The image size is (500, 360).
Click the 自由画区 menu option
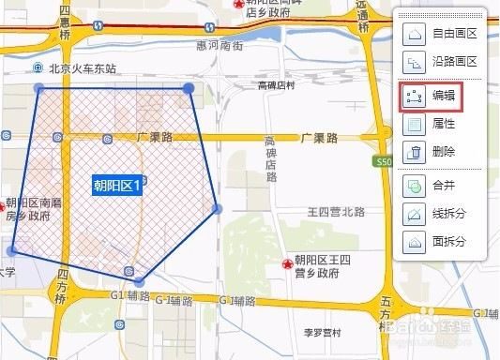[441, 35]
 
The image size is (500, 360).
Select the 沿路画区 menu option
[441, 63]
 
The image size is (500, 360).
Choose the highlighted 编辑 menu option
[432, 96]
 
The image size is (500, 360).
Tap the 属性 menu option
[432, 124]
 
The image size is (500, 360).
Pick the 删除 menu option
[432, 152]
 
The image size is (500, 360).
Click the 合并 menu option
[432, 186]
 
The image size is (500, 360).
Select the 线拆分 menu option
[437, 214]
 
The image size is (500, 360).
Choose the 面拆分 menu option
[437, 242]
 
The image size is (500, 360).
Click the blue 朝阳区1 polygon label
[116, 186]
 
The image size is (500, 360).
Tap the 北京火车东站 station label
[81, 69]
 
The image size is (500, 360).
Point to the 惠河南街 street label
[220, 45]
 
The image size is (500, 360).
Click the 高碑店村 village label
[277, 85]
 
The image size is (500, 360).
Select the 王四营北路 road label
[336, 212]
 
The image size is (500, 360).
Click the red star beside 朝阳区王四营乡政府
[286, 265]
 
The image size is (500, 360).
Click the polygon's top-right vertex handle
[189, 87]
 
